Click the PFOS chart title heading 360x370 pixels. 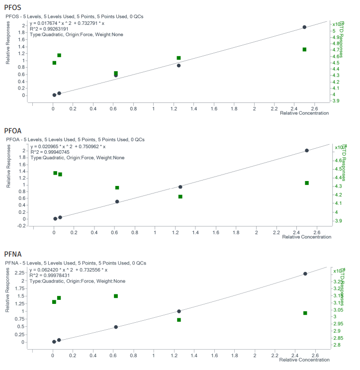click(x=12, y=7)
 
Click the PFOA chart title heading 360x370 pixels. click(x=13, y=131)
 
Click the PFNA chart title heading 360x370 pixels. click(x=13, y=254)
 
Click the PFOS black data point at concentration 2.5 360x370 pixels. click(x=304, y=27)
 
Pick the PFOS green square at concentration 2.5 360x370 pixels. click(x=304, y=49)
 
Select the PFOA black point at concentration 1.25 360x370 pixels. click(x=180, y=187)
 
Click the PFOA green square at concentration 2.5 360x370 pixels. click(x=307, y=183)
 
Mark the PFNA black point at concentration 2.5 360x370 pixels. click(x=305, y=274)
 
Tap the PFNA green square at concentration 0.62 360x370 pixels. click(x=116, y=296)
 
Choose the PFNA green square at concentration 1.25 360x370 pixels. click(x=179, y=320)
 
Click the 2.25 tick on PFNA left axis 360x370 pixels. click(x=20, y=273)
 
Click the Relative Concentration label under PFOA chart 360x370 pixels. click(x=306, y=237)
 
